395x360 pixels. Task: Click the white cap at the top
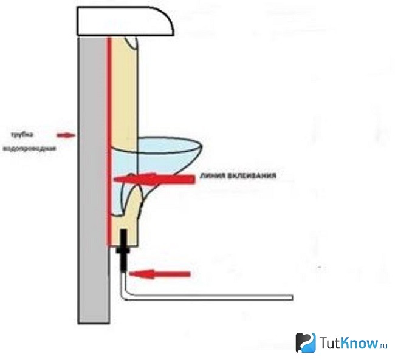point(125,21)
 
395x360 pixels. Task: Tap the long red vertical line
point(109,141)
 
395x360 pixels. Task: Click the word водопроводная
point(29,148)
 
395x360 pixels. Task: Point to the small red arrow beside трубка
point(66,135)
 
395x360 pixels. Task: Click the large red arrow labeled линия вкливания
point(154,179)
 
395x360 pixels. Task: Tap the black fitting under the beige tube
point(123,251)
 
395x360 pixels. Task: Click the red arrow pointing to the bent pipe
point(159,274)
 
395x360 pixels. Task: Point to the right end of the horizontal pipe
point(292,297)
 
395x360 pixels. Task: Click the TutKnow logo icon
point(306,342)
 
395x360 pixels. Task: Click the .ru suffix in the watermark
point(383,345)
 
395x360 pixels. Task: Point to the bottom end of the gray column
point(94,322)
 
